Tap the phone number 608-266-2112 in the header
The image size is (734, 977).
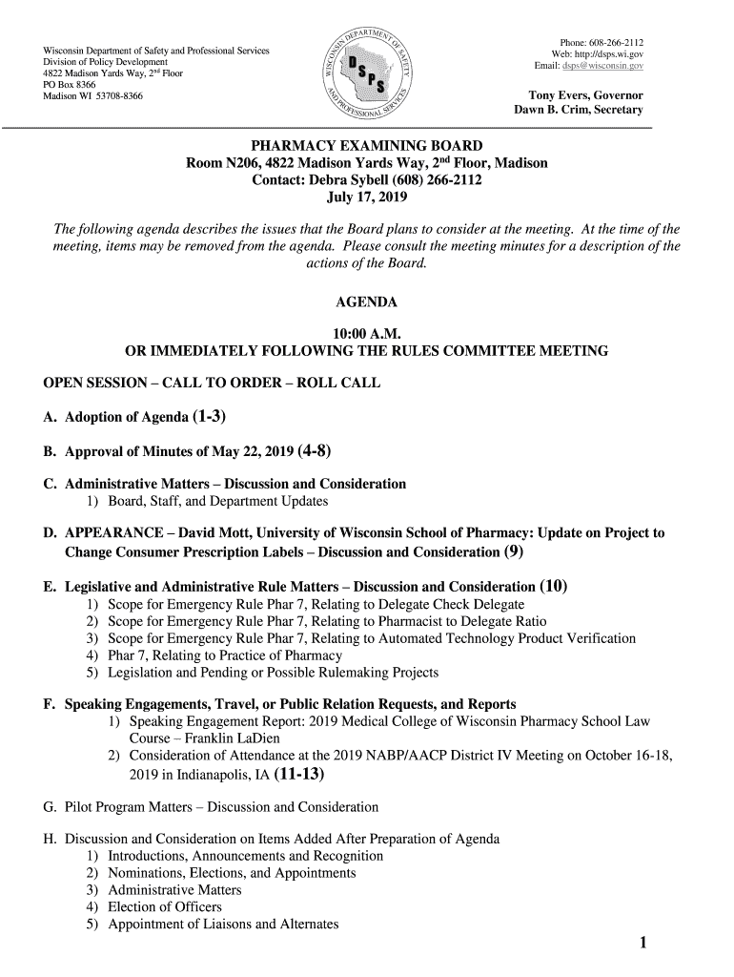point(615,42)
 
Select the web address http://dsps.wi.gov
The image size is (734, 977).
point(611,54)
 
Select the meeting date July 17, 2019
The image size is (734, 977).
point(366,198)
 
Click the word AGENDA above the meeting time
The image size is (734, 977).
point(367,302)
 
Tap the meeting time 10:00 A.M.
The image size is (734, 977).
point(366,334)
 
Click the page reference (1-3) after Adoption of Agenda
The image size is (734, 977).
point(210,416)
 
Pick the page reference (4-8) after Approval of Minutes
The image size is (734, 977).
point(315,450)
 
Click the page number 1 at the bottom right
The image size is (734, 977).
point(644,944)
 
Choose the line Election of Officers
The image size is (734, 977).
point(165,906)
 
